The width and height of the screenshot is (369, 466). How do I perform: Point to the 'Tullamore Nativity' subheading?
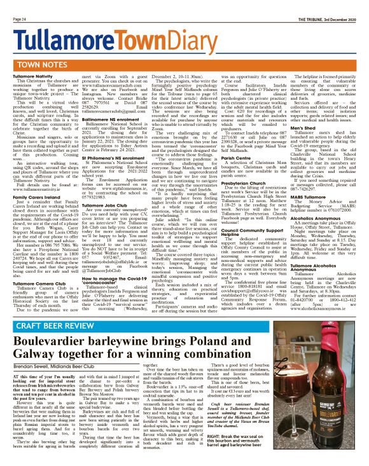point(32,76)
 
